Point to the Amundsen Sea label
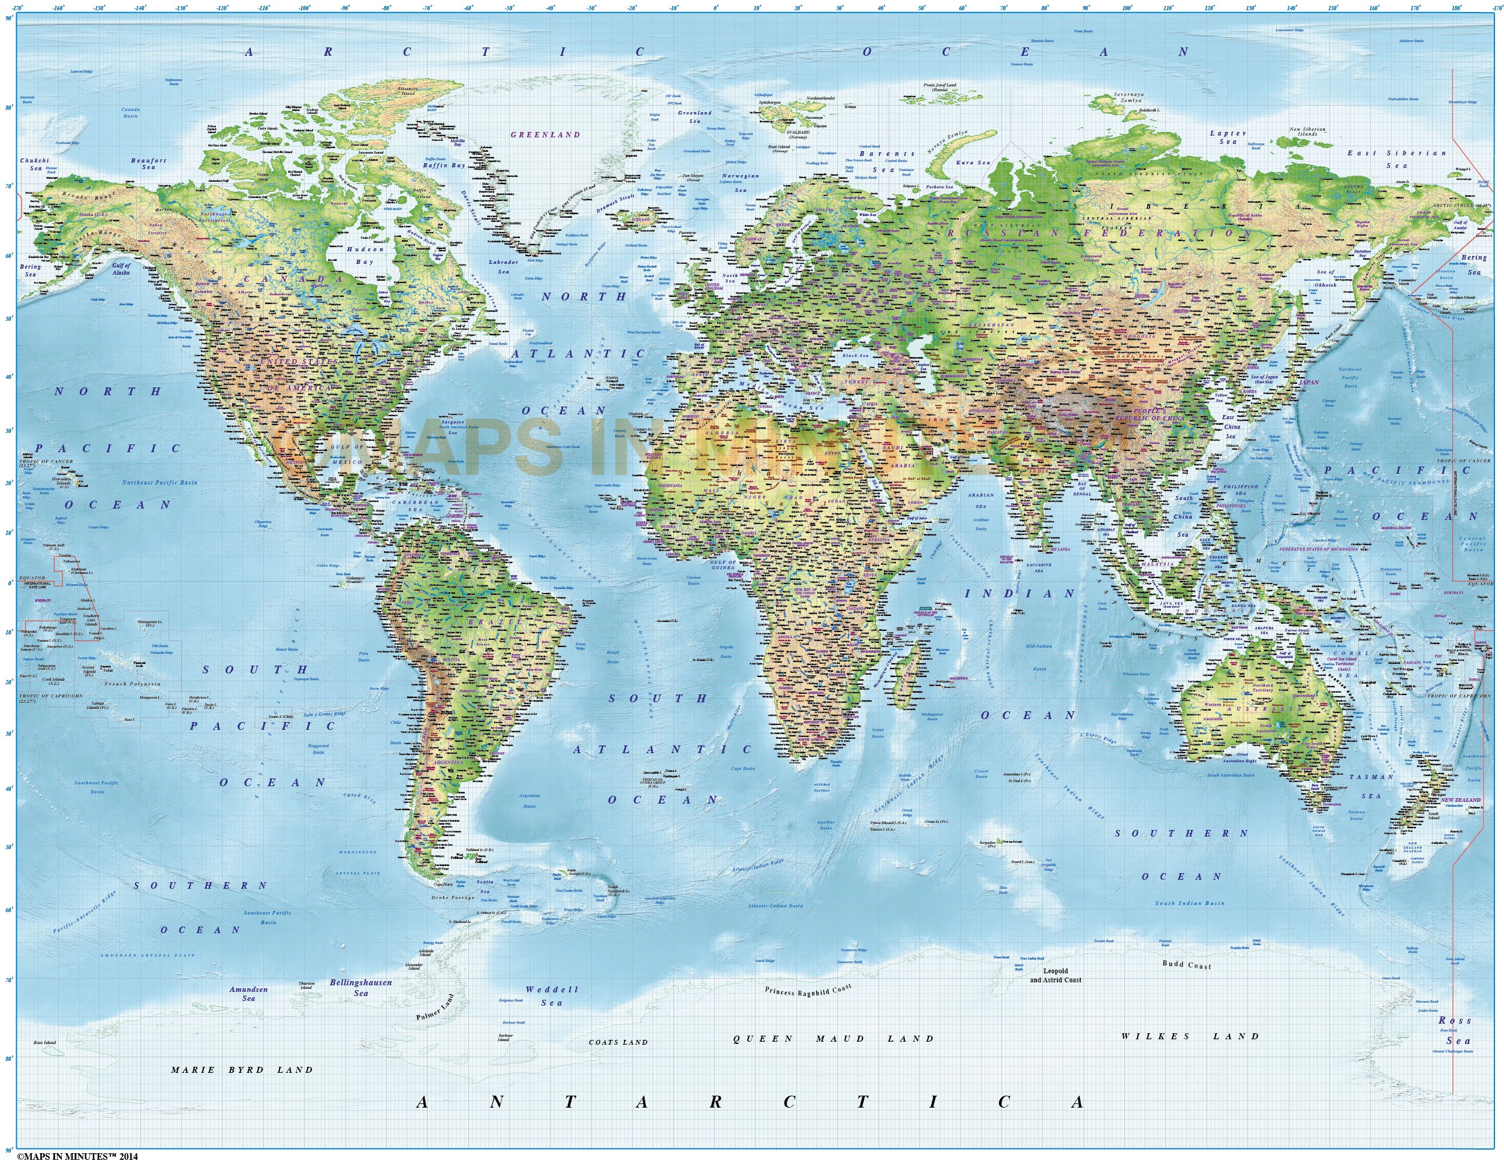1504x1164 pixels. [x=248, y=993]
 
